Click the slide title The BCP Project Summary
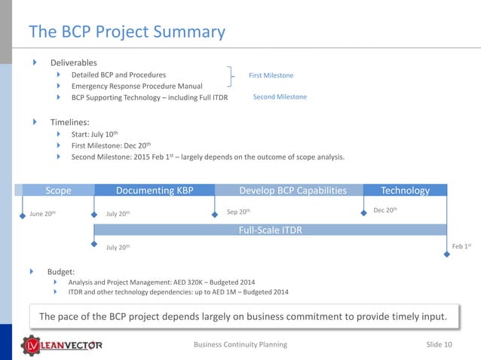coord(127,32)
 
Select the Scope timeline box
coord(58,191)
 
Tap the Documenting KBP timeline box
coord(154,191)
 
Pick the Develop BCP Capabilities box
coord(293,191)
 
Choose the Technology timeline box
coord(405,191)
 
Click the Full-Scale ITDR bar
coord(270,230)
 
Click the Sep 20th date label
coord(238,212)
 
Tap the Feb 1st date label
coord(461,246)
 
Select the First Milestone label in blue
coord(271,75)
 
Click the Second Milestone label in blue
coord(280,96)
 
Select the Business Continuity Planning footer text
coord(240,344)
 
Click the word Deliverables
coord(73,63)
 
